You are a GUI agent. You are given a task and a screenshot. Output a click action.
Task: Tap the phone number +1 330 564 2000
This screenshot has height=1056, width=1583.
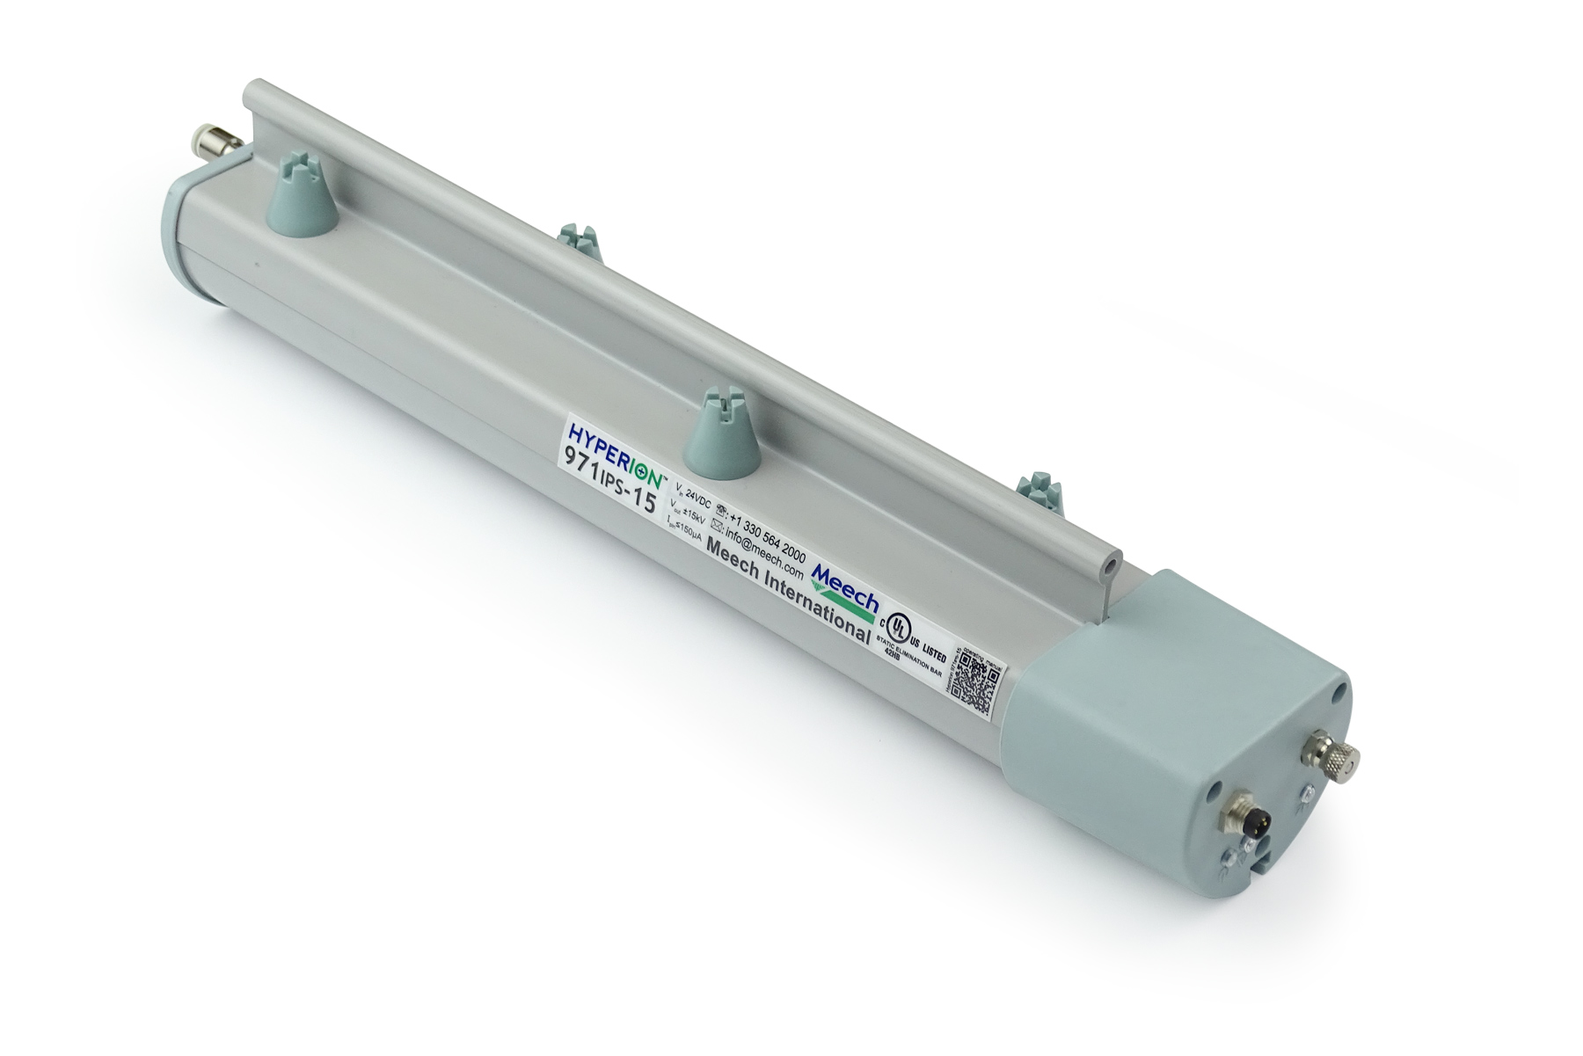pos(763,536)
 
